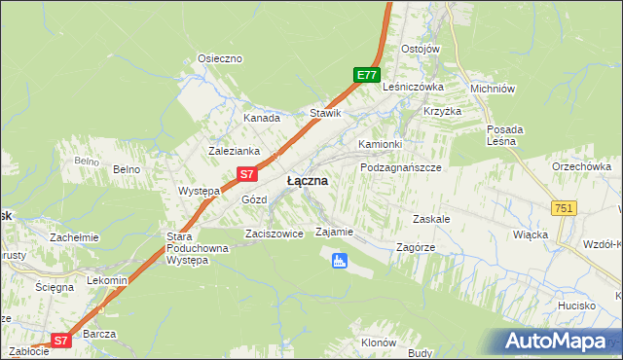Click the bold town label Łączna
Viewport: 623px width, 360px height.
click(x=307, y=181)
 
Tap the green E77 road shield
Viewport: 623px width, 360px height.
click(x=366, y=75)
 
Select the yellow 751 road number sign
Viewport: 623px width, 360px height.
click(x=564, y=208)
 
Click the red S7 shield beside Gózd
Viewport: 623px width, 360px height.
click(x=247, y=175)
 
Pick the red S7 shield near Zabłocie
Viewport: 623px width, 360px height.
click(x=60, y=341)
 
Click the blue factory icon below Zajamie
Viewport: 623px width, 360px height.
click(x=339, y=260)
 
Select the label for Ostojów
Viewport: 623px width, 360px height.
click(x=421, y=50)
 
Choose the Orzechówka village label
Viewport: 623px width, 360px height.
click(x=581, y=166)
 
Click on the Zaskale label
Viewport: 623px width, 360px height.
click(x=431, y=219)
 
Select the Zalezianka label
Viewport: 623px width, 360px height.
click(x=234, y=151)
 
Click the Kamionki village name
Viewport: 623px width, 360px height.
click(x=380, y=144)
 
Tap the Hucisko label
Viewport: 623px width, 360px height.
click(x=578, y=306)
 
